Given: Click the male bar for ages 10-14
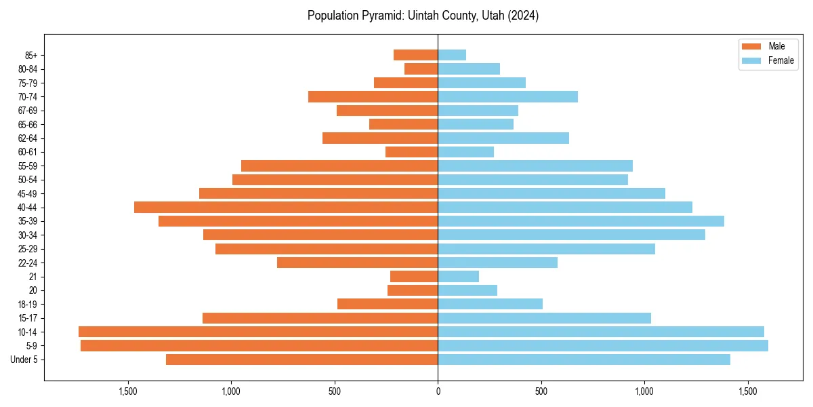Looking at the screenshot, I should [258, 332].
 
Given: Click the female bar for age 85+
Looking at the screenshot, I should [452, 55].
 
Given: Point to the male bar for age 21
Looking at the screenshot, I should [414, 277].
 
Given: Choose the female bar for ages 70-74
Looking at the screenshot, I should [507, 97].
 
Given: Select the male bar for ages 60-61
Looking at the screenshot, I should [411, 152].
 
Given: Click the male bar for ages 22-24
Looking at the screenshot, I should [357, 263].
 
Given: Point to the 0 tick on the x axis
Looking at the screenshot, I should [438, 391].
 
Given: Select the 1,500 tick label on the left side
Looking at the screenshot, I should [128, 391].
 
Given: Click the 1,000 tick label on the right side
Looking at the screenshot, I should [644, 391].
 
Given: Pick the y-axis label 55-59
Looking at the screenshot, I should [27, 166].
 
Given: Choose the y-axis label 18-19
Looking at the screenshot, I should [27, 305].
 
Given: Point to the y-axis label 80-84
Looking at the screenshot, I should [27, 69].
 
